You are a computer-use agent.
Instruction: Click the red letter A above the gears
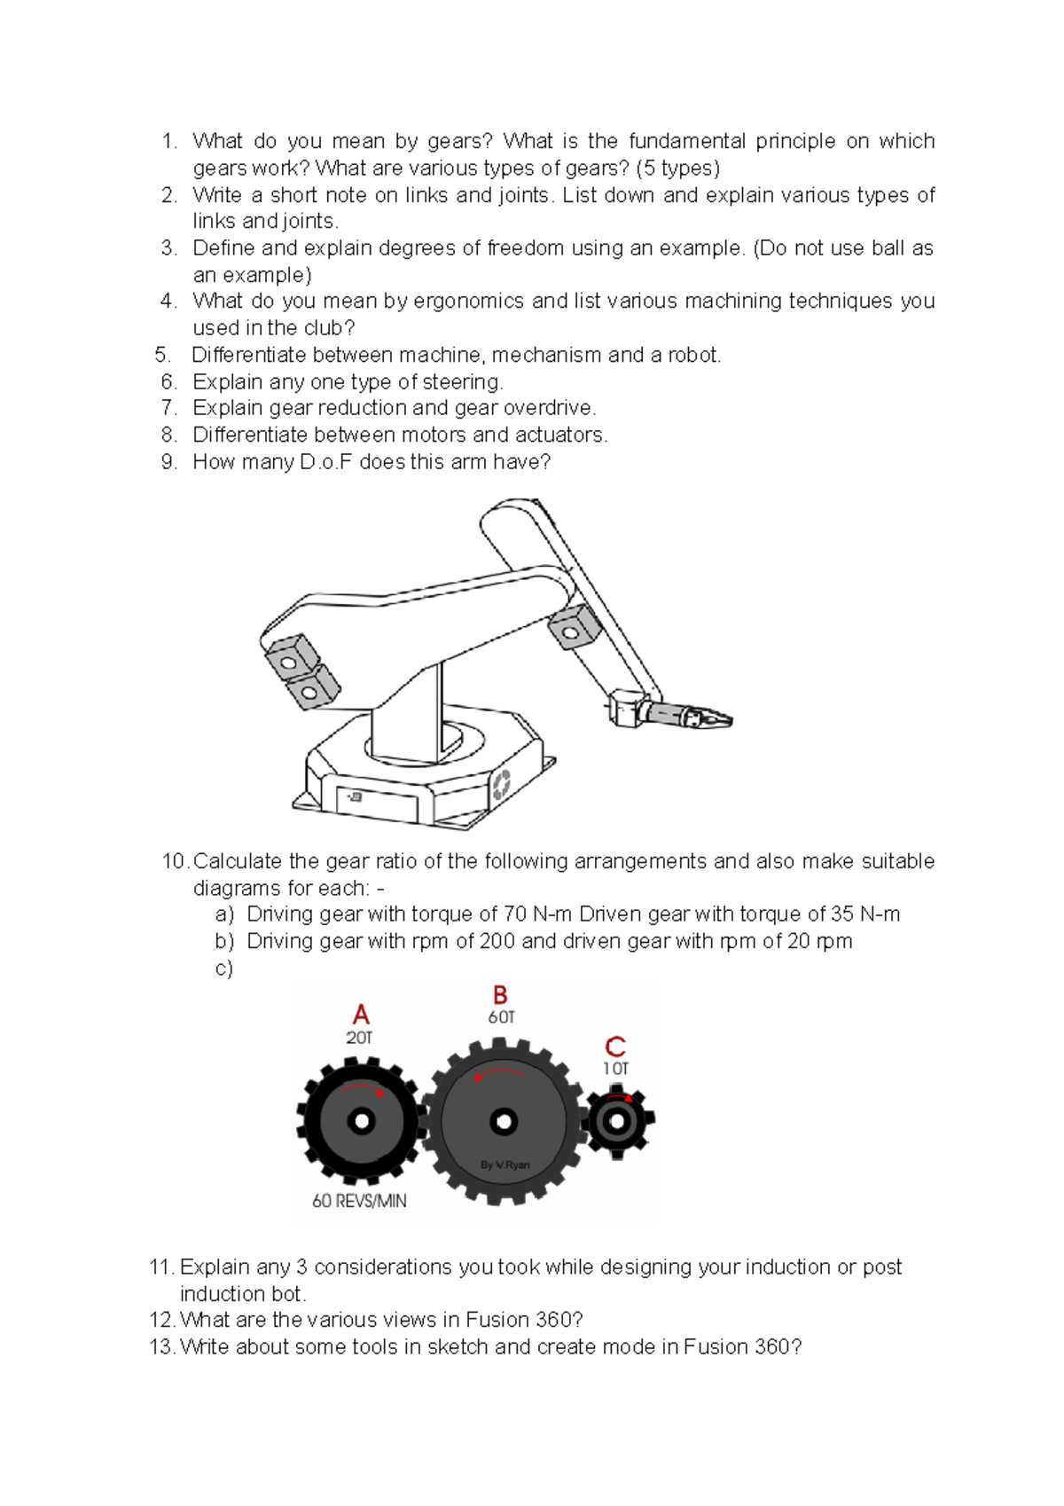[x=360, y=1014]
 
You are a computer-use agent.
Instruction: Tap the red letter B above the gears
[x=500, y=994]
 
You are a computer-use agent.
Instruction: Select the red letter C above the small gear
[x=615, y=1047]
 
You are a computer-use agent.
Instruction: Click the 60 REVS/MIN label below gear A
[x=359, y=1201]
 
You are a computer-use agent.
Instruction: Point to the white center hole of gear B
[x=504, y=1122]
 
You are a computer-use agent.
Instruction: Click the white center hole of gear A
[x=361, y=1122]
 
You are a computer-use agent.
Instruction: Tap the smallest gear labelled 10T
[x=617, y=1121]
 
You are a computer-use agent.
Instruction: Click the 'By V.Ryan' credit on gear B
[x=505, y=1165]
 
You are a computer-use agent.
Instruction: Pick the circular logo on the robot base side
[x=501, y=784]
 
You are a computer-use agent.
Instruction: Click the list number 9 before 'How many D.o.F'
[x=168, y=462]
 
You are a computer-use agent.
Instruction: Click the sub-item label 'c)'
[x=223, y=968]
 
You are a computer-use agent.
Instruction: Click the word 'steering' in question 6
[x=461, y=382]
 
